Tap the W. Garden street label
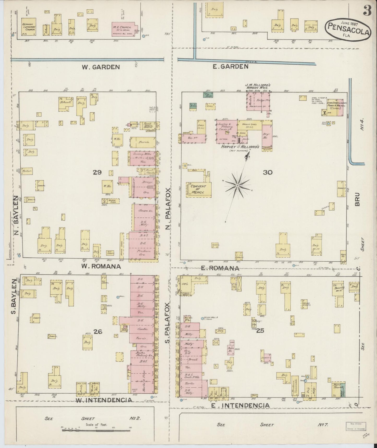point(101,67)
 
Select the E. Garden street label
point(230,67)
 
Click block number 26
point(98,332)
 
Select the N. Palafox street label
point(168,209)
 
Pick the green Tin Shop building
point(208,95)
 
